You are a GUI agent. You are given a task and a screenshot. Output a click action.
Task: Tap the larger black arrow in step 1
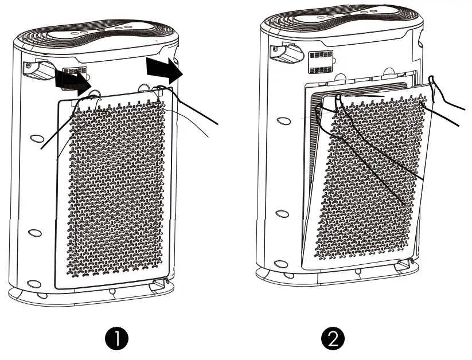(x=164, y=69)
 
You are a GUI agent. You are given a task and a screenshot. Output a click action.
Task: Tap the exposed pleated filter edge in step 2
(x=313, y=143)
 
